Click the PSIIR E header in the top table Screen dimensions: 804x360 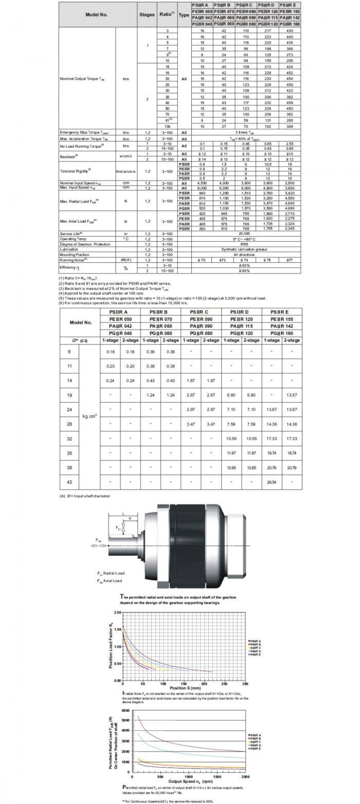(290, 5)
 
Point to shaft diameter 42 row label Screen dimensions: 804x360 (70, 483)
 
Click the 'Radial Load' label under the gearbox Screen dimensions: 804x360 (112, 573)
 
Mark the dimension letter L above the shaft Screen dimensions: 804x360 (123, 513)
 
